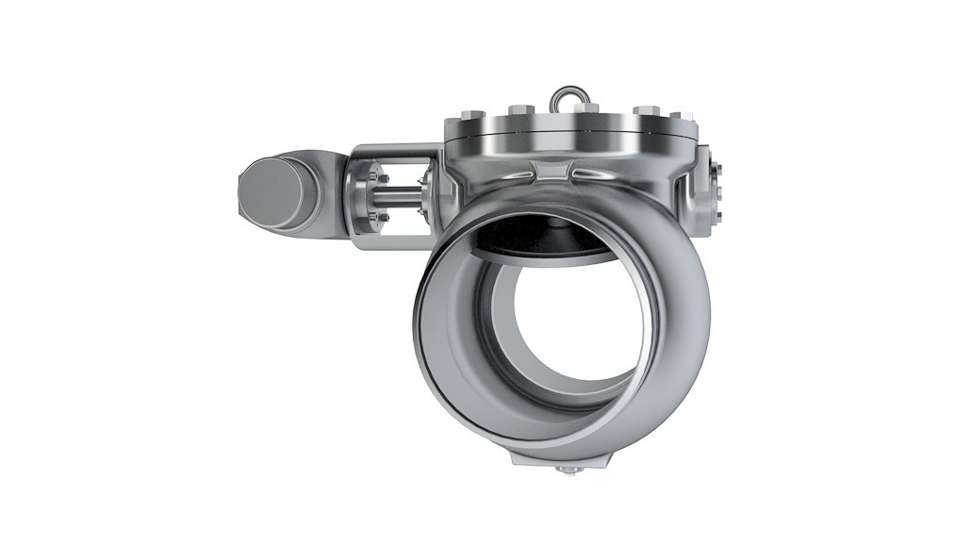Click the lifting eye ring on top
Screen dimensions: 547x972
pyautogui.click(x=567, y=96)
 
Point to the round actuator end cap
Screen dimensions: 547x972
pyautogui.click(x=272, y=191)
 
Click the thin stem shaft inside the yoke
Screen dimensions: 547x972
pyautogui.click(x=404, y=198)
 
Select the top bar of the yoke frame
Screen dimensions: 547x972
pyautogui.click(x=396, y=150)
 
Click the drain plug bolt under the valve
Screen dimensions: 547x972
pyautogui.click(x=567, y=469)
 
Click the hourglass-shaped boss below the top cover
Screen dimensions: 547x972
pyautogui.click(x=553, y=173)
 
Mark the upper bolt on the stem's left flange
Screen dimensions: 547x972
pyautogui.click(x=381, y=177)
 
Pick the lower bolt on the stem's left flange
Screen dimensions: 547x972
pyautogui.click(x=382, y=219)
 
